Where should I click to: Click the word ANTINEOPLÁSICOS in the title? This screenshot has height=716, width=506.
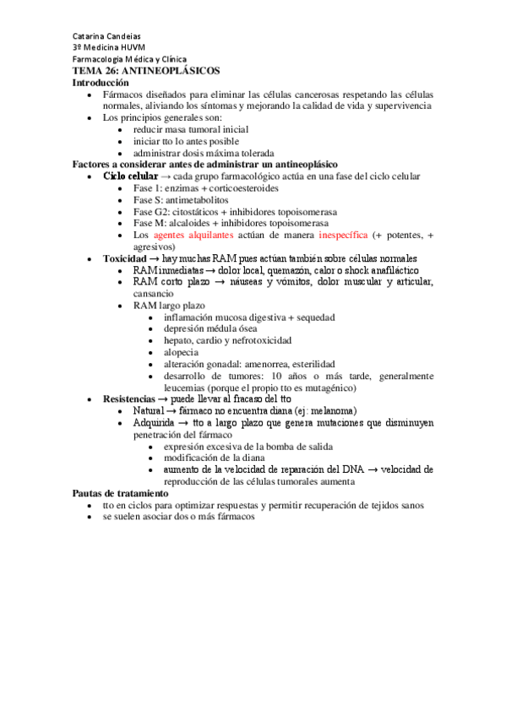click(x=169, y=72)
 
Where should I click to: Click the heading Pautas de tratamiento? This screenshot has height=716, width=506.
click(x=120, y=493)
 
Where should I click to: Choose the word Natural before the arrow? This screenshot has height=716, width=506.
click(x=153, y=410)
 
